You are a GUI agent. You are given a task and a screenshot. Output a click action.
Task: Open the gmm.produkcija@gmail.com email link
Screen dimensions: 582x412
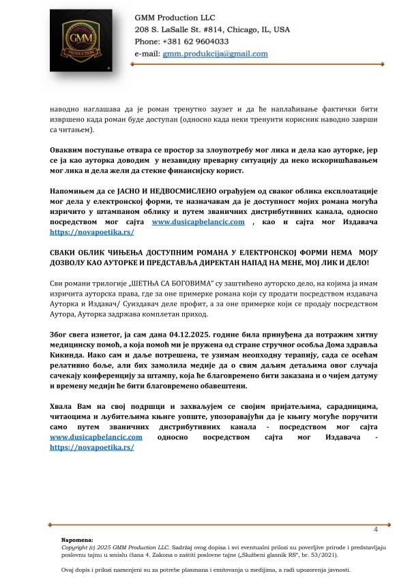215,53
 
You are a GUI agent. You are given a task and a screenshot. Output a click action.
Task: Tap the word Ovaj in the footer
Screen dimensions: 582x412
69,570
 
